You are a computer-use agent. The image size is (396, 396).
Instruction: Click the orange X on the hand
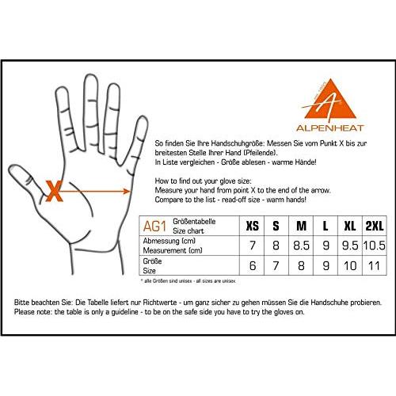[54, 189]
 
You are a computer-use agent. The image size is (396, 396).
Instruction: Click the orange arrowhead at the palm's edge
[126, 190]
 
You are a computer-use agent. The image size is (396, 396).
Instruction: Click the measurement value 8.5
[302, 246]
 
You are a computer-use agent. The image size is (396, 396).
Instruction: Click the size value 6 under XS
[252, 266]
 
